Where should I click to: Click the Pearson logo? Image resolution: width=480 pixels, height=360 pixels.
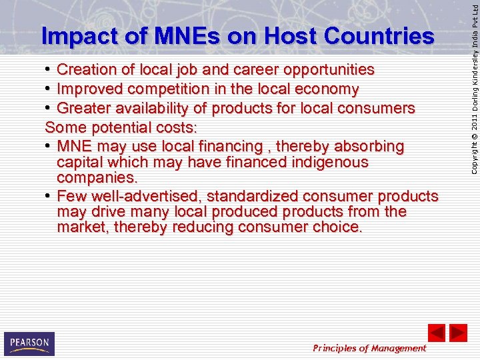pos(29,343)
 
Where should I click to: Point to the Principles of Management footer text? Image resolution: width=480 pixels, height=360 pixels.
pos(369,348)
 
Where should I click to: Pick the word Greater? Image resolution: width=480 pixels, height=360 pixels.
pos(83,108)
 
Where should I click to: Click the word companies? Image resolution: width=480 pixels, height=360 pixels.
pos(97,178)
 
